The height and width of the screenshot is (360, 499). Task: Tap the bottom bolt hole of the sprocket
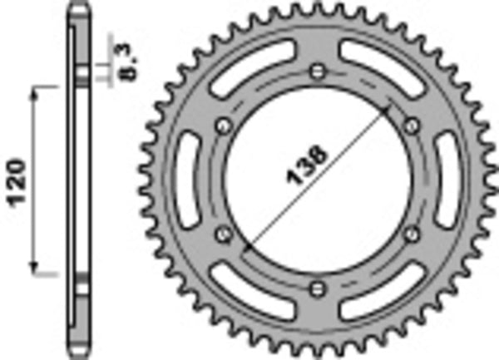point(317,288)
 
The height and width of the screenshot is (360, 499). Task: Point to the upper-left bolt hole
point(222,125)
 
